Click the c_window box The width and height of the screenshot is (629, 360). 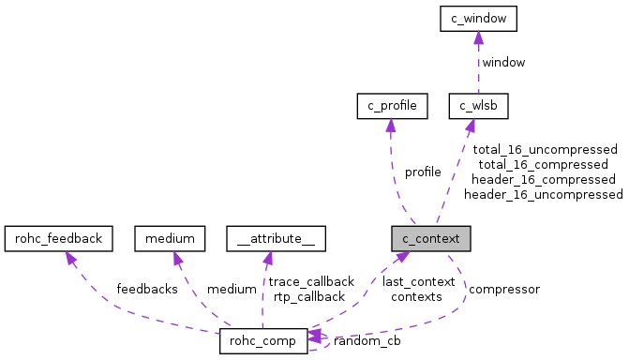click(478, 18)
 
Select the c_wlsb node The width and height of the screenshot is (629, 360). click(478, 107)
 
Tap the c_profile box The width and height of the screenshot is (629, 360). click(392, 107)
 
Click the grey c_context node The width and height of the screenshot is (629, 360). click(431, 238)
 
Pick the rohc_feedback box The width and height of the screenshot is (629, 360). click(59, 238)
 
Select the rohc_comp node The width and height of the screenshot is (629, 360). click(263, 341)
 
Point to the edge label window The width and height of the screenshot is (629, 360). click(503, 62)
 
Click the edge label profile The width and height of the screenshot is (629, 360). click(423, 172)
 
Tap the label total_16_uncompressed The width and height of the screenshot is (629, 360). click(545, 149)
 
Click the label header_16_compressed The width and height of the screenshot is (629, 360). click(544, 179)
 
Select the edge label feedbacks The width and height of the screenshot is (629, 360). click(146, 289)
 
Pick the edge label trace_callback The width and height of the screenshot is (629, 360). click(311, 281)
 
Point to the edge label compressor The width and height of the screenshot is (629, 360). click(503, 289)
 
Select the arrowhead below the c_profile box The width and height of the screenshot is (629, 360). click(391, 126)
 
